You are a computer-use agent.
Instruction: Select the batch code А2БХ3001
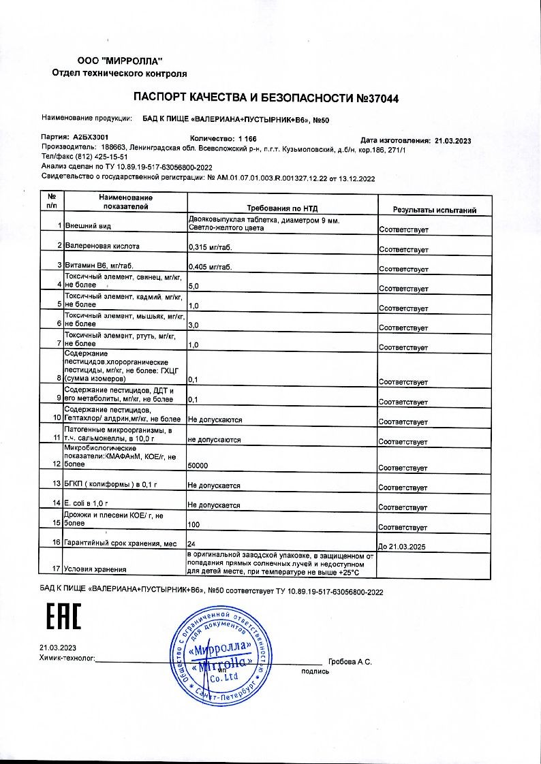tap(90, 137)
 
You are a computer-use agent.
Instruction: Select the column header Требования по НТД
tap(281, 209)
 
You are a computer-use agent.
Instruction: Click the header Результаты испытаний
tap(434, 210)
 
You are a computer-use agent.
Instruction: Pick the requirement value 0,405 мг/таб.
tap(210, 268)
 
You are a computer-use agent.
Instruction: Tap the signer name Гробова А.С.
tap(350, 662)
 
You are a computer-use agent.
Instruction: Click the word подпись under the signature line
tap(315, 671)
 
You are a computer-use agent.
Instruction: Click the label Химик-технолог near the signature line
tap(67, 659)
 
